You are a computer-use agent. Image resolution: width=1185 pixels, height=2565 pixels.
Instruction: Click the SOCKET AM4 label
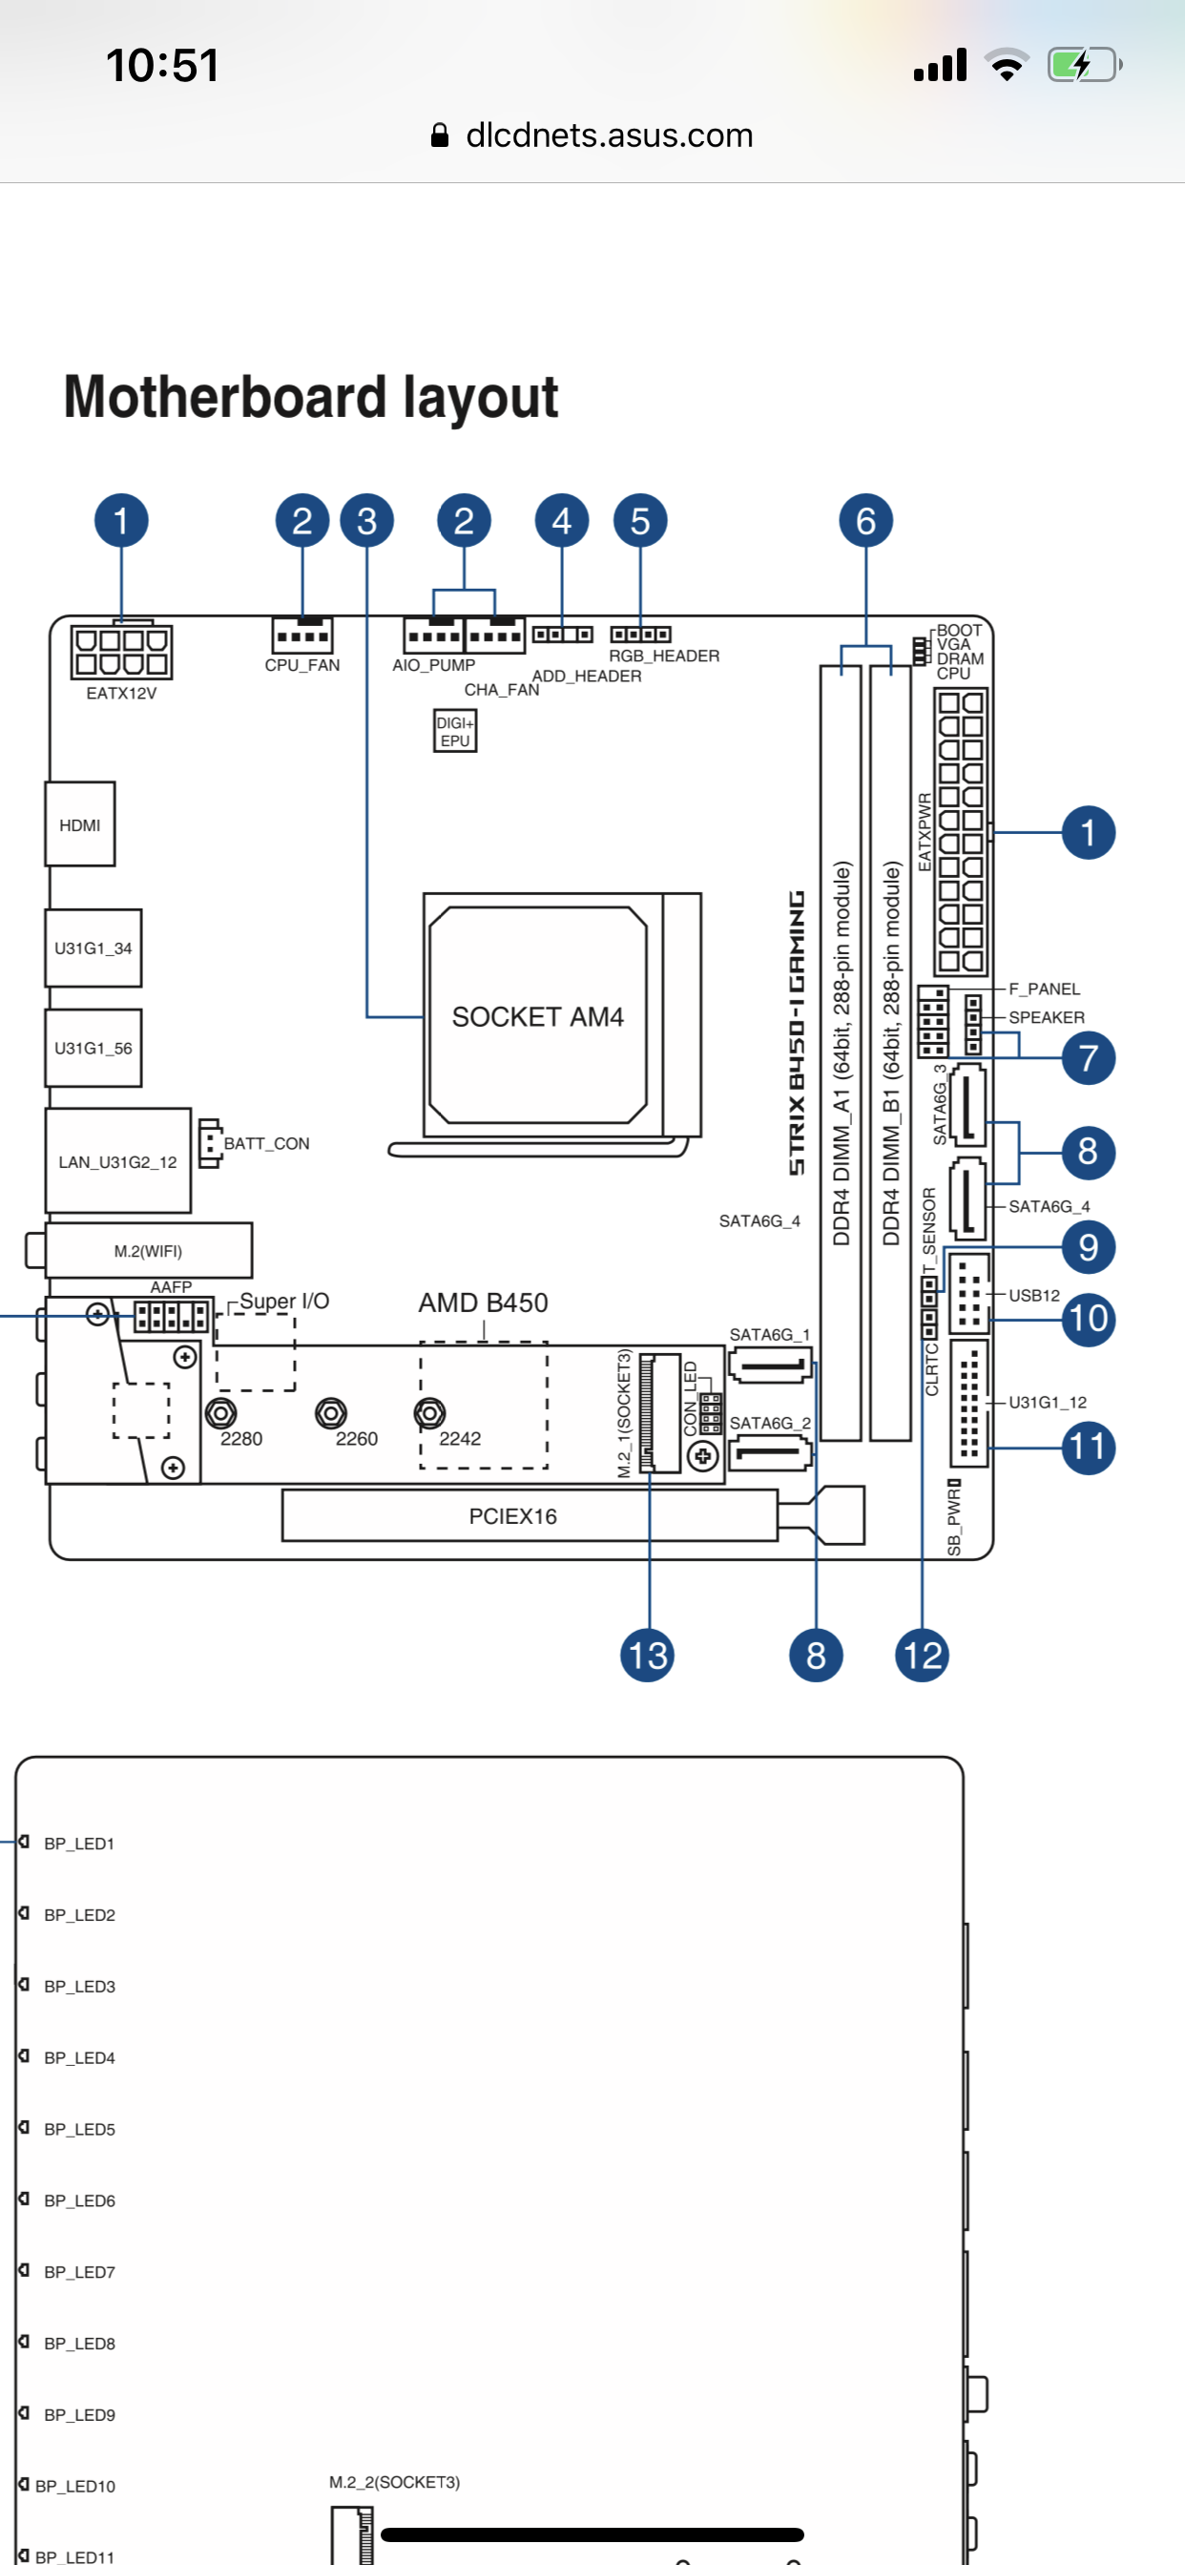click(538, 1016)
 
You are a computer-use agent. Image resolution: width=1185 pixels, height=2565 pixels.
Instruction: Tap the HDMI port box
click(79, 824)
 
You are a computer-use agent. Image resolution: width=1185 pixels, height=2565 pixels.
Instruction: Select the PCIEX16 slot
click(513, 1515)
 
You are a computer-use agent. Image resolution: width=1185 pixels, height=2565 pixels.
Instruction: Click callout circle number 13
click(647, 1656)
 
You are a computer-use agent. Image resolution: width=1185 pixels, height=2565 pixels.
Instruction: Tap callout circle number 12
click(921, 1656)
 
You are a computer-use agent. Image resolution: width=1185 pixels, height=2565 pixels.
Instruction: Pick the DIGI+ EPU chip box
click(455, 731)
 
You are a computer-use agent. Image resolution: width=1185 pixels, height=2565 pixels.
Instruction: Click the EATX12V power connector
click(121, 651)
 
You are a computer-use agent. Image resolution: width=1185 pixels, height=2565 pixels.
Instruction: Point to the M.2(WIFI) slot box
click(149, 1251)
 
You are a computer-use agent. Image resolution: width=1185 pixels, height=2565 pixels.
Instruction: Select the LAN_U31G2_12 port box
click(117, 1161)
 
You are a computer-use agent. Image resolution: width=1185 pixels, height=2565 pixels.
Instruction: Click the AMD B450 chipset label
click(483, 1303)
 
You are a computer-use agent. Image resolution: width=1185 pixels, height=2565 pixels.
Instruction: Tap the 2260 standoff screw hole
click(331, 1413)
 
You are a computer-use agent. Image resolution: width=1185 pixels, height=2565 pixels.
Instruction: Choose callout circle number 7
click(1088, 1057)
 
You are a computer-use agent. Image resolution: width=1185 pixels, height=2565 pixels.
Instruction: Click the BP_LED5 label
click(79, 2129)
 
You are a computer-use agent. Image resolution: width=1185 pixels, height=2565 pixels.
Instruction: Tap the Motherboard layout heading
click(311, 396)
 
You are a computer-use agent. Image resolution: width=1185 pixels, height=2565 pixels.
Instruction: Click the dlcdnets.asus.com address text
click(609, 136)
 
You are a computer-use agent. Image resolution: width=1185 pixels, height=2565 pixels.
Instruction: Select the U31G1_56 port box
click(94, 1048)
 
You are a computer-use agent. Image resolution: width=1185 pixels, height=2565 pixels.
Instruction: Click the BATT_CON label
click(266, 1143)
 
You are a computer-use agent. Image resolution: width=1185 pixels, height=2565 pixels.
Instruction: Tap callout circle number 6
click(865, 521)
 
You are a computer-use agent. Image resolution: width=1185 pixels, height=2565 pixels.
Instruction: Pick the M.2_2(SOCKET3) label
click(394, 2481)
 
